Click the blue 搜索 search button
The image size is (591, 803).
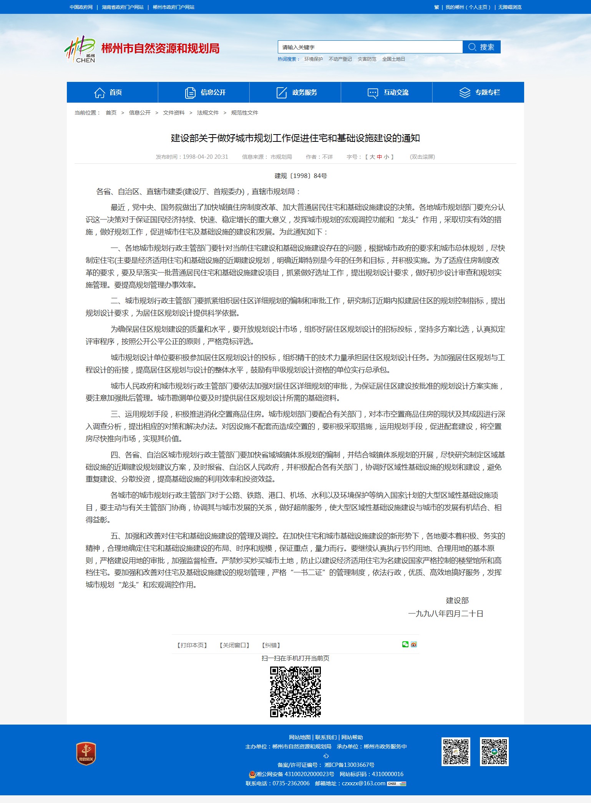pos(481,47)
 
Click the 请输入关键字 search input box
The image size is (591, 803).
pos(369,47)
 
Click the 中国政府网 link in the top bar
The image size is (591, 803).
pos(81,7)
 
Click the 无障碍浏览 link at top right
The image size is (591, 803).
pos(510,7)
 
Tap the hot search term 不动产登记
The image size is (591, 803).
pos(340,59)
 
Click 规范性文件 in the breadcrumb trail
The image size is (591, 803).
pos(244,113)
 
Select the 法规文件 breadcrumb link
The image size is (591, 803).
pos(208,113)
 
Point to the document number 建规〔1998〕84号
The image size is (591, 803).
pos(300,176)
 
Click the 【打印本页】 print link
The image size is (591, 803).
pos(192,645)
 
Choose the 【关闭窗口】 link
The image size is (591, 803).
pos(234,645)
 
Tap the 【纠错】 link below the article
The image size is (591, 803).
pos(271,645)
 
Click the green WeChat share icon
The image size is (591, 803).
pos(405,644)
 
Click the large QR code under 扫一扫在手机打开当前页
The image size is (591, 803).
pos(295,692)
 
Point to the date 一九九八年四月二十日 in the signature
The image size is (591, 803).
pos(445,613)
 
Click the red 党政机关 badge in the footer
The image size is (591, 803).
pos(86,753)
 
